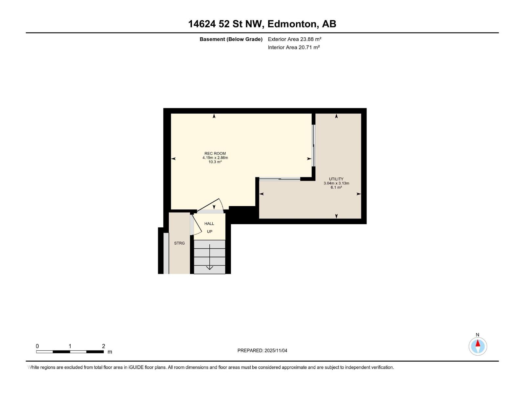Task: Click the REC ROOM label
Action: [215, 153]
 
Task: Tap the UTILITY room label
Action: [336, 179]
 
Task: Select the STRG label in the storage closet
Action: [179, 243]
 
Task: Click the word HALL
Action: [209, 224]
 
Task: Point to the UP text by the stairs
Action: [209, 232]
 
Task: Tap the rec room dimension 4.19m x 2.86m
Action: [215, 158]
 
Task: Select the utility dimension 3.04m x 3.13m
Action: [336, 183]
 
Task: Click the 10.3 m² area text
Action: [215, 162]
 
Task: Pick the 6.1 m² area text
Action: [336, 188]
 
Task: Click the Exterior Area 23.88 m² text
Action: [294, 39]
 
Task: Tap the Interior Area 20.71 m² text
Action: [294, 47]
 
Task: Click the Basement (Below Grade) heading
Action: [231, 39]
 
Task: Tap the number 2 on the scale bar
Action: [103, 346]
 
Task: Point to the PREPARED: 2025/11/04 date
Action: [262, 350]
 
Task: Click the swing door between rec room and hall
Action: [210, 206]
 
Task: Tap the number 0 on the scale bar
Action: [37, 346]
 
